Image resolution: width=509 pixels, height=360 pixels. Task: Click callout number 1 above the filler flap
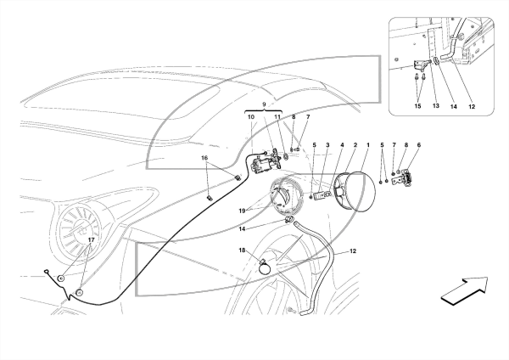[x=368, y=145]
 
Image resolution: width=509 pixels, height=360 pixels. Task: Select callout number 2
[x=355, y=145]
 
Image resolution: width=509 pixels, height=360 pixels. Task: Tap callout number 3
[x=327, y=145]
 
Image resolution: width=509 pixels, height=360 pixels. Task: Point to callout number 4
[x=342, y=145]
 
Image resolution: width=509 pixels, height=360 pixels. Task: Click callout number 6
[x=419, y=145]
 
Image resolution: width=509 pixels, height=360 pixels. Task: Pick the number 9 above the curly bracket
[x=264, y=104]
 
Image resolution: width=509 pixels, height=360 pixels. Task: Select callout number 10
[x=251, y=117]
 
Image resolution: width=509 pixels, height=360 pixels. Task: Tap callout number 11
[x=277, y=117]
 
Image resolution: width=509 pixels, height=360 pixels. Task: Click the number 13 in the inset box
[x=436, y=106]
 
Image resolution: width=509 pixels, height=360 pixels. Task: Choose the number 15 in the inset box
[x=417, y=106]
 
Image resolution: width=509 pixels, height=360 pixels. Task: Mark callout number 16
[x=204, y=158]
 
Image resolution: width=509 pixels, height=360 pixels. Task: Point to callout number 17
[x=91, y=239]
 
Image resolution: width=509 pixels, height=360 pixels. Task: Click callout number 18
[x=242, y=250]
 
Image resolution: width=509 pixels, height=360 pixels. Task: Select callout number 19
[x=242, y=211]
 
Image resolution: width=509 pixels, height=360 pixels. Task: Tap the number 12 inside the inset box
[x=472, y=106]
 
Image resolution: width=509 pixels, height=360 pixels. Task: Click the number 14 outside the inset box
[x=242, y=229]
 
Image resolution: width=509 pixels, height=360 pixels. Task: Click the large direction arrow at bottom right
[x=464, y=290]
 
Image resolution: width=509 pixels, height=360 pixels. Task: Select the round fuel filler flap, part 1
[x=359, y=192]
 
